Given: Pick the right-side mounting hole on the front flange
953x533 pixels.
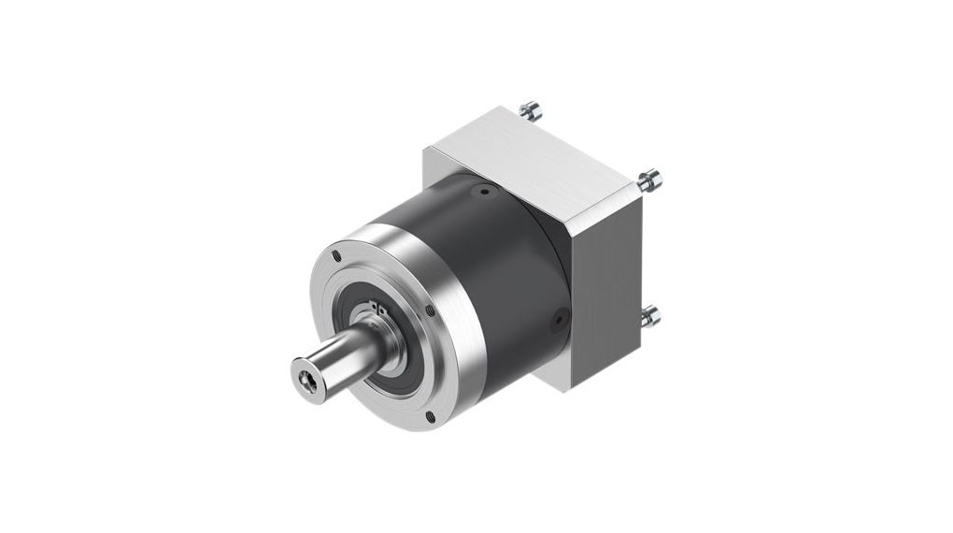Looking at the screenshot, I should point(429,310).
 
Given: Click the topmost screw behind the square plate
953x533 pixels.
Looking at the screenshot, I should point(529,110).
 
